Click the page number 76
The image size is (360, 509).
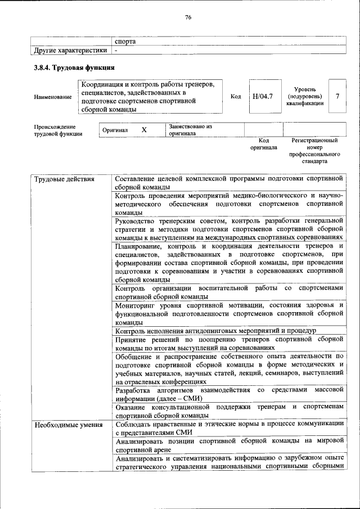[x=188, y=17]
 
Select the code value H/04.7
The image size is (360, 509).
[x=262, y=96]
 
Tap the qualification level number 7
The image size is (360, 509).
[x=337, y=96]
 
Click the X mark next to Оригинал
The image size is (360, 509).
[x=144, y=130]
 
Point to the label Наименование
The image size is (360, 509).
[x=53, y=97]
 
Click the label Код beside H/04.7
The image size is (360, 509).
[x=236, y=96]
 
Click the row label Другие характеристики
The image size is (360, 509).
[x=70, y=50]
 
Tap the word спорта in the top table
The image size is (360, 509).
[x=125, y=41]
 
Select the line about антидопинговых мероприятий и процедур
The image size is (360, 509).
[x=215, y=331]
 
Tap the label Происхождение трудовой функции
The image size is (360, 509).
[x=57, y=130]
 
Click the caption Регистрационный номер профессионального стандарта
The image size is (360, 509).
[x=314, y=150]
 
